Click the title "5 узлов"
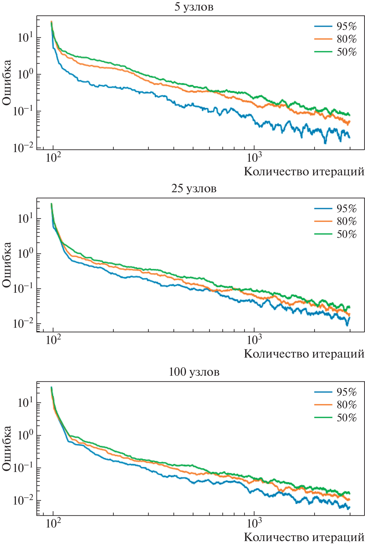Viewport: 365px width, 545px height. pyautogui.click(x=194, y=7)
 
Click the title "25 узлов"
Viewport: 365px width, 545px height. pyautogui.click(x=194, y=189)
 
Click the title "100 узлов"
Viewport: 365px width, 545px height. pyautogui.click(x=194, y=372)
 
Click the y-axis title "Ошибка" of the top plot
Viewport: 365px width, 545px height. pyautogui.click(x=7, y=82)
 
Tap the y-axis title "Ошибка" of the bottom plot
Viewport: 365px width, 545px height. pyautogui.click(x=7, y=448)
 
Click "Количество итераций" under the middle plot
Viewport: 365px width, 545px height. pyautogui.click(x=304, y=353)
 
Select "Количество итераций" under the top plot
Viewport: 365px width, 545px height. pyautogui.click(x=304, y=171)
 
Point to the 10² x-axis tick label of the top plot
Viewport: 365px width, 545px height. pyautogui.click(x=53, y=157)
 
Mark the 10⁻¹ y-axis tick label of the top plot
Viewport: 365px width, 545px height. pyautogui.click(x=23, y=111)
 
